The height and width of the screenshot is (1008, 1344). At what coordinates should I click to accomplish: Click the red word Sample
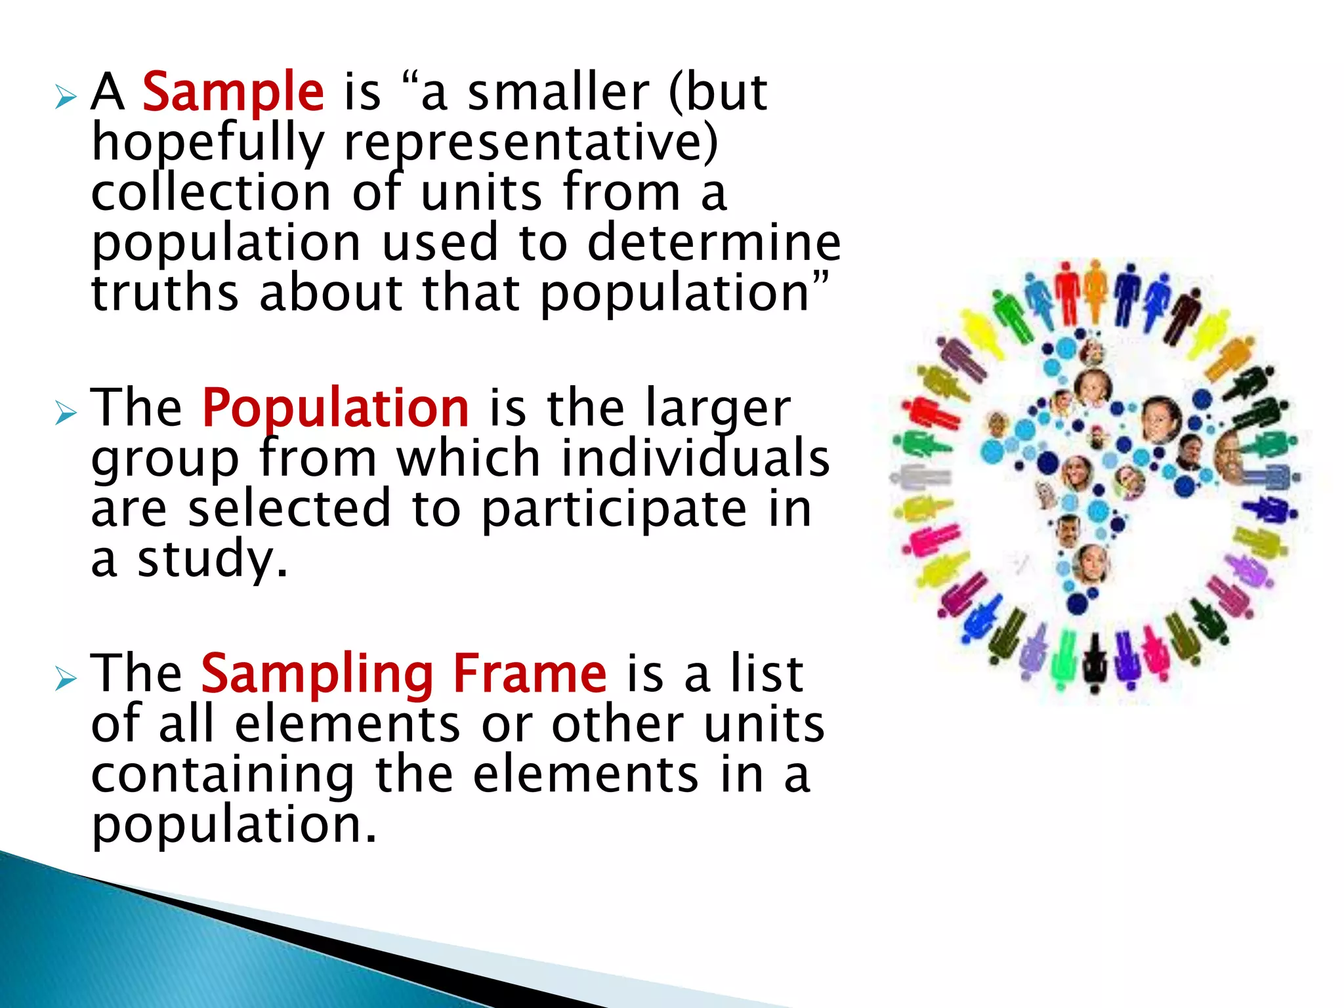[233, 92]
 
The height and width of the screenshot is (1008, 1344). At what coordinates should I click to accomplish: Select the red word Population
[335, 408]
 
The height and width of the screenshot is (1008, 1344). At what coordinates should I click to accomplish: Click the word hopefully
[208, 143]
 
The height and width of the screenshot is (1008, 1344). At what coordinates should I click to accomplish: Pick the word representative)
[531, 143]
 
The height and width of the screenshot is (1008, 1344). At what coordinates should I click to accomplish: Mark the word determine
[713, 243]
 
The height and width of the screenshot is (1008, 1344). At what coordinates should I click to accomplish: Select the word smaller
[558, 92]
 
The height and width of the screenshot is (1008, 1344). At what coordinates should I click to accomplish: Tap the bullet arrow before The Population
[66, 413]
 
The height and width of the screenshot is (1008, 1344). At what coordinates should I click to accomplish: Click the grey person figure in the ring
[919, 476]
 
